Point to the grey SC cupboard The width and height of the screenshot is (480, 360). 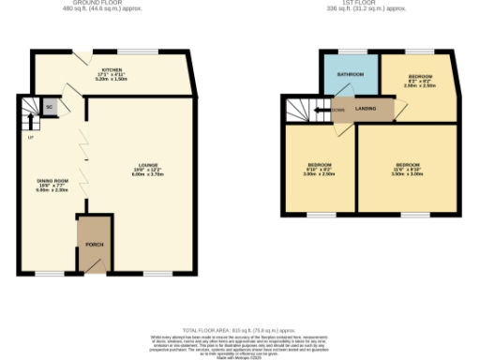[x=49, y=107]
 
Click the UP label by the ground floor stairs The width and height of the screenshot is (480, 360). [x=30, y=138]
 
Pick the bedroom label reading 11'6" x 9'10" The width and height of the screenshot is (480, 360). [x=407, y=169]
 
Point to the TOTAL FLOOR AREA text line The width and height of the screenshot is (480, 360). [x=239, y=331]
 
